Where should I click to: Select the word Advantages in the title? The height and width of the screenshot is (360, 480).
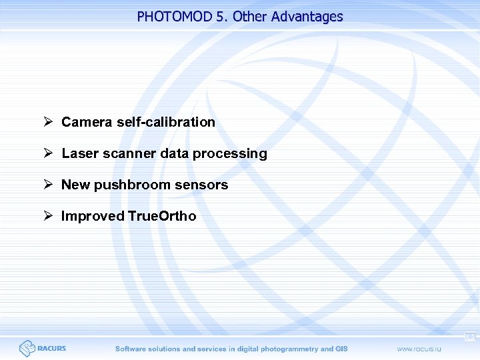click(x=307, y=17)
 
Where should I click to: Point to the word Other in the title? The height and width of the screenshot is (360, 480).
click(x=250, y=17)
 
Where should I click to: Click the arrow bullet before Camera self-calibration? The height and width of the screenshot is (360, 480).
click(x=48, y=122)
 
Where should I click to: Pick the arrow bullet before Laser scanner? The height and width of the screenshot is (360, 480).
click(x=48, y=153)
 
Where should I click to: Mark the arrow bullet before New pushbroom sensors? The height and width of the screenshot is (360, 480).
click(x=48, y=185)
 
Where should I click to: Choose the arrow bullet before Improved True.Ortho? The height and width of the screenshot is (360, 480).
click(x=48, y=216)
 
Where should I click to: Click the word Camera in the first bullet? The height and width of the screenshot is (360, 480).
click(x=87, y=122)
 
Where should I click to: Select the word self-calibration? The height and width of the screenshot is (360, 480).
click(x=166, y=122)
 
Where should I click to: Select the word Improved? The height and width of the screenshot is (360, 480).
click(x=89, y=216)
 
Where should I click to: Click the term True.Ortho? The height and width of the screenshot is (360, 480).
click(x=157, y=216)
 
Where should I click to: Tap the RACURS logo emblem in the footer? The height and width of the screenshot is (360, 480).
click(x=27, y=348)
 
